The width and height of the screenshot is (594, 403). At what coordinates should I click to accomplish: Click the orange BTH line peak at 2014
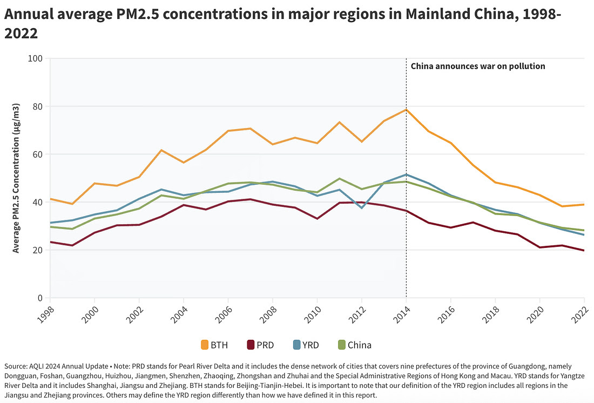(406, 110)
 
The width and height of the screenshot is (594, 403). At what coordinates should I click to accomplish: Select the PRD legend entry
(260, 345)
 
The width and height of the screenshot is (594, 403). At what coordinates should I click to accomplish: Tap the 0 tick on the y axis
(40, 298)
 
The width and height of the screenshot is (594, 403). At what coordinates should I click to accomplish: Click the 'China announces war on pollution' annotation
(478, 66)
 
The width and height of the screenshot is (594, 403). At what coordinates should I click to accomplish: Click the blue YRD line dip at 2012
(362, 208)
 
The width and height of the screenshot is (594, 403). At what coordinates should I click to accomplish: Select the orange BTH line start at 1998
(50, 199)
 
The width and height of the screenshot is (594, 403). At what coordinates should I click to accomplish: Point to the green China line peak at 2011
(339, 178)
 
